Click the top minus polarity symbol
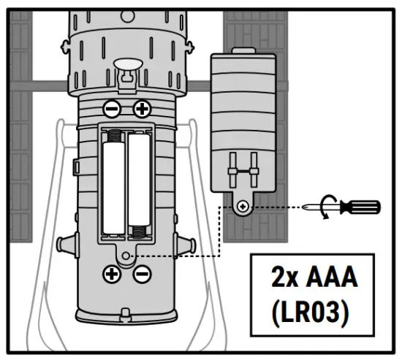pos(112,110)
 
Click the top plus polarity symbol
pos(142,110)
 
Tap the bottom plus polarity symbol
pos(112,274)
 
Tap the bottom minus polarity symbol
pos(142,274)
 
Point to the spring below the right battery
pos(139,231)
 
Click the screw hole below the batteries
pos(128,255)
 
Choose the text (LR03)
pos(311,312)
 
